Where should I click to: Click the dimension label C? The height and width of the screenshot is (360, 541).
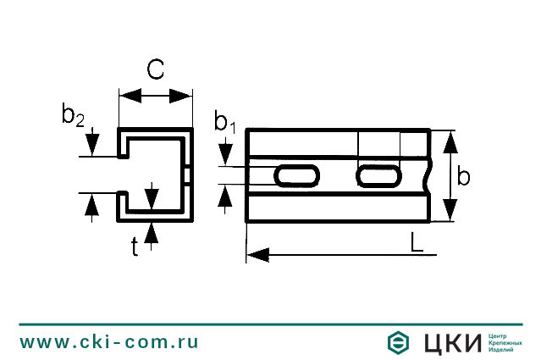point(155,70)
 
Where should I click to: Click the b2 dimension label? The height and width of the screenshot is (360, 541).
point(73,116)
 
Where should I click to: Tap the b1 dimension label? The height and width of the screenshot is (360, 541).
point(224,122)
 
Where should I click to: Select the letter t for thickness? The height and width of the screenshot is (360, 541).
point(135,246)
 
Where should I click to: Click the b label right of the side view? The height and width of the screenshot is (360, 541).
point(464,176)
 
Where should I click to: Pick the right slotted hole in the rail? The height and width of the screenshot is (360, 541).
point(378,175)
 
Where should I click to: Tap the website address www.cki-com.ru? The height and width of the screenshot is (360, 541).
point(109,342)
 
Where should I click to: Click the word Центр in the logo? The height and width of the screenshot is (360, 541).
point(500,335)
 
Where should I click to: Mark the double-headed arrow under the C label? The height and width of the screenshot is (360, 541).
point(154,96)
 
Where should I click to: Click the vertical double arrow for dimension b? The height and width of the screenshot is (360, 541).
point(450,176)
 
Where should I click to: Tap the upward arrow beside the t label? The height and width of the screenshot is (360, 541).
point(152,230)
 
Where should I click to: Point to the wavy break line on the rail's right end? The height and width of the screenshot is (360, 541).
point(433,175)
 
